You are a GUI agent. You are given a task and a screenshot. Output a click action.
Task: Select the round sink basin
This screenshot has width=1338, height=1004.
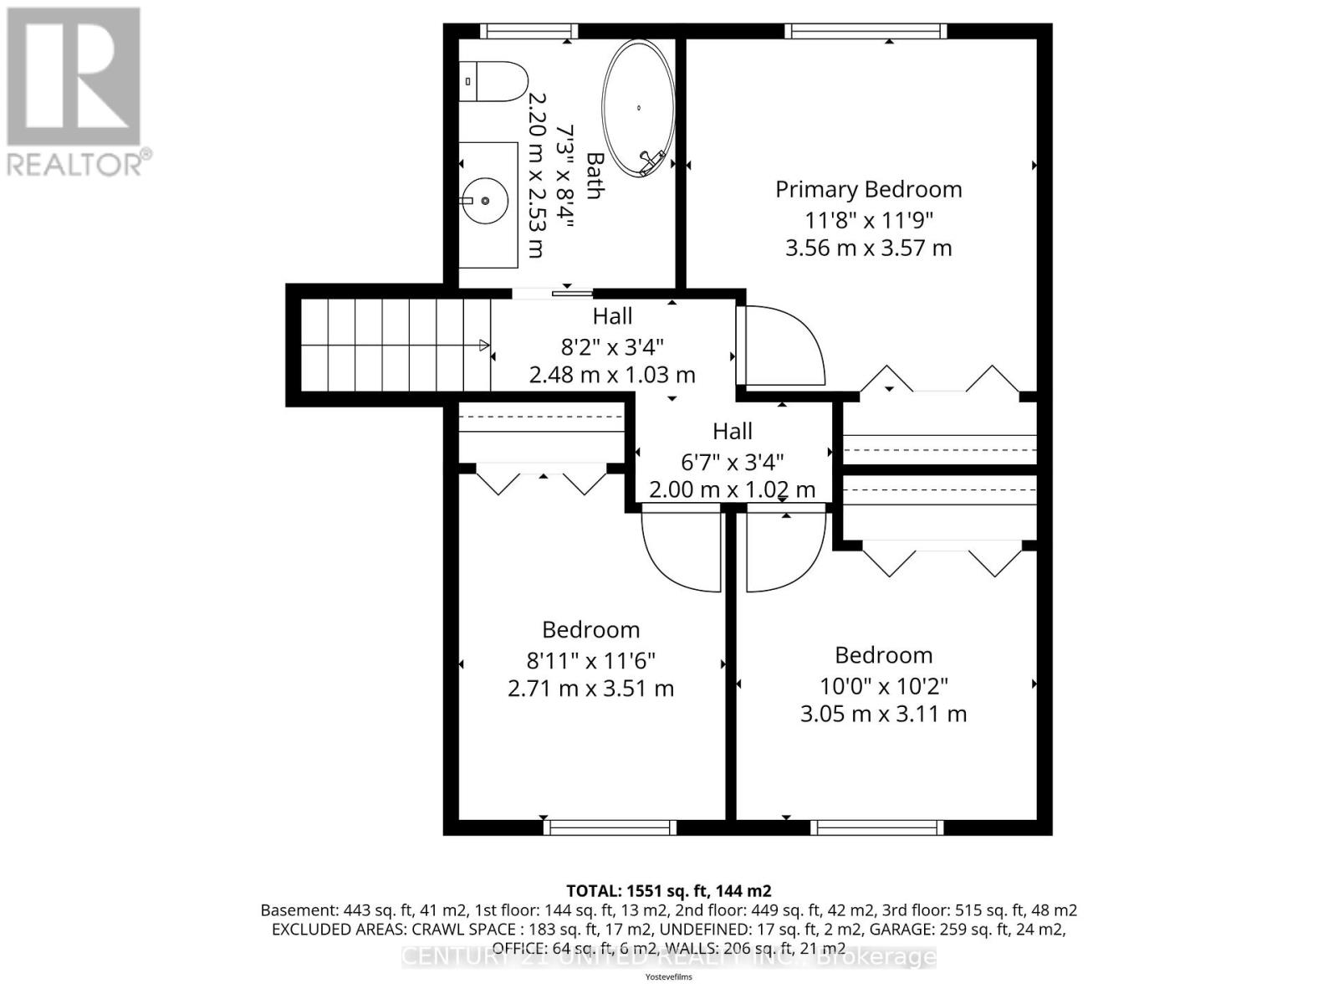click(485, 201)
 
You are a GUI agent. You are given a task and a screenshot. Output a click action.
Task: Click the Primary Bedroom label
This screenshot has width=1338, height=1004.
click(868, 189)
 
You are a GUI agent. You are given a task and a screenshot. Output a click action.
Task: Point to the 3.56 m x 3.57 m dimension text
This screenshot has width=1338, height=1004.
click(868, 248)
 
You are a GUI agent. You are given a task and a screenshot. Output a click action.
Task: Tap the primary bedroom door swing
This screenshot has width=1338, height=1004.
click(781, 346)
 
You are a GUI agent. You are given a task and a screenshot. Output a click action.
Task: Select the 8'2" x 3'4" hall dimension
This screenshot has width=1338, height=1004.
click(611, 346)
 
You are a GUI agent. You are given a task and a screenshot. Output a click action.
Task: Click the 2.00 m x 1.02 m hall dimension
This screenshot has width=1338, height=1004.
click(732, 489)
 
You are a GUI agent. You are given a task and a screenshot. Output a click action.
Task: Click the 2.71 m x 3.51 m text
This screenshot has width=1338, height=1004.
click(590, 689)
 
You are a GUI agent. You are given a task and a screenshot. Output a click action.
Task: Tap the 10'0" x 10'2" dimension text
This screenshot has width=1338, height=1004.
click(883, 686)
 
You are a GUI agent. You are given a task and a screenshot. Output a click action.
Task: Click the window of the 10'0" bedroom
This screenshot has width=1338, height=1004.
click(877, 827)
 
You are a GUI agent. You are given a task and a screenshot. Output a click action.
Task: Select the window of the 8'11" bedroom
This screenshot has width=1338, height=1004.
click(610, 827)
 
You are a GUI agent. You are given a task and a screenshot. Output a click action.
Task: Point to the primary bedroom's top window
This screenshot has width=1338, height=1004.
click(866, 31)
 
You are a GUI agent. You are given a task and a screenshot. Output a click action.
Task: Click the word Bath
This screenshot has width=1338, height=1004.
click(595, 176)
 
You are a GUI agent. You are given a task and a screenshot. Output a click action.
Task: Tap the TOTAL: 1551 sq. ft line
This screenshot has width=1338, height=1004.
click(668, 890)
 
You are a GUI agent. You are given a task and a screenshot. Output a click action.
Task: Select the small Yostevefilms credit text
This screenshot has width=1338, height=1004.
click(668, 976)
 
